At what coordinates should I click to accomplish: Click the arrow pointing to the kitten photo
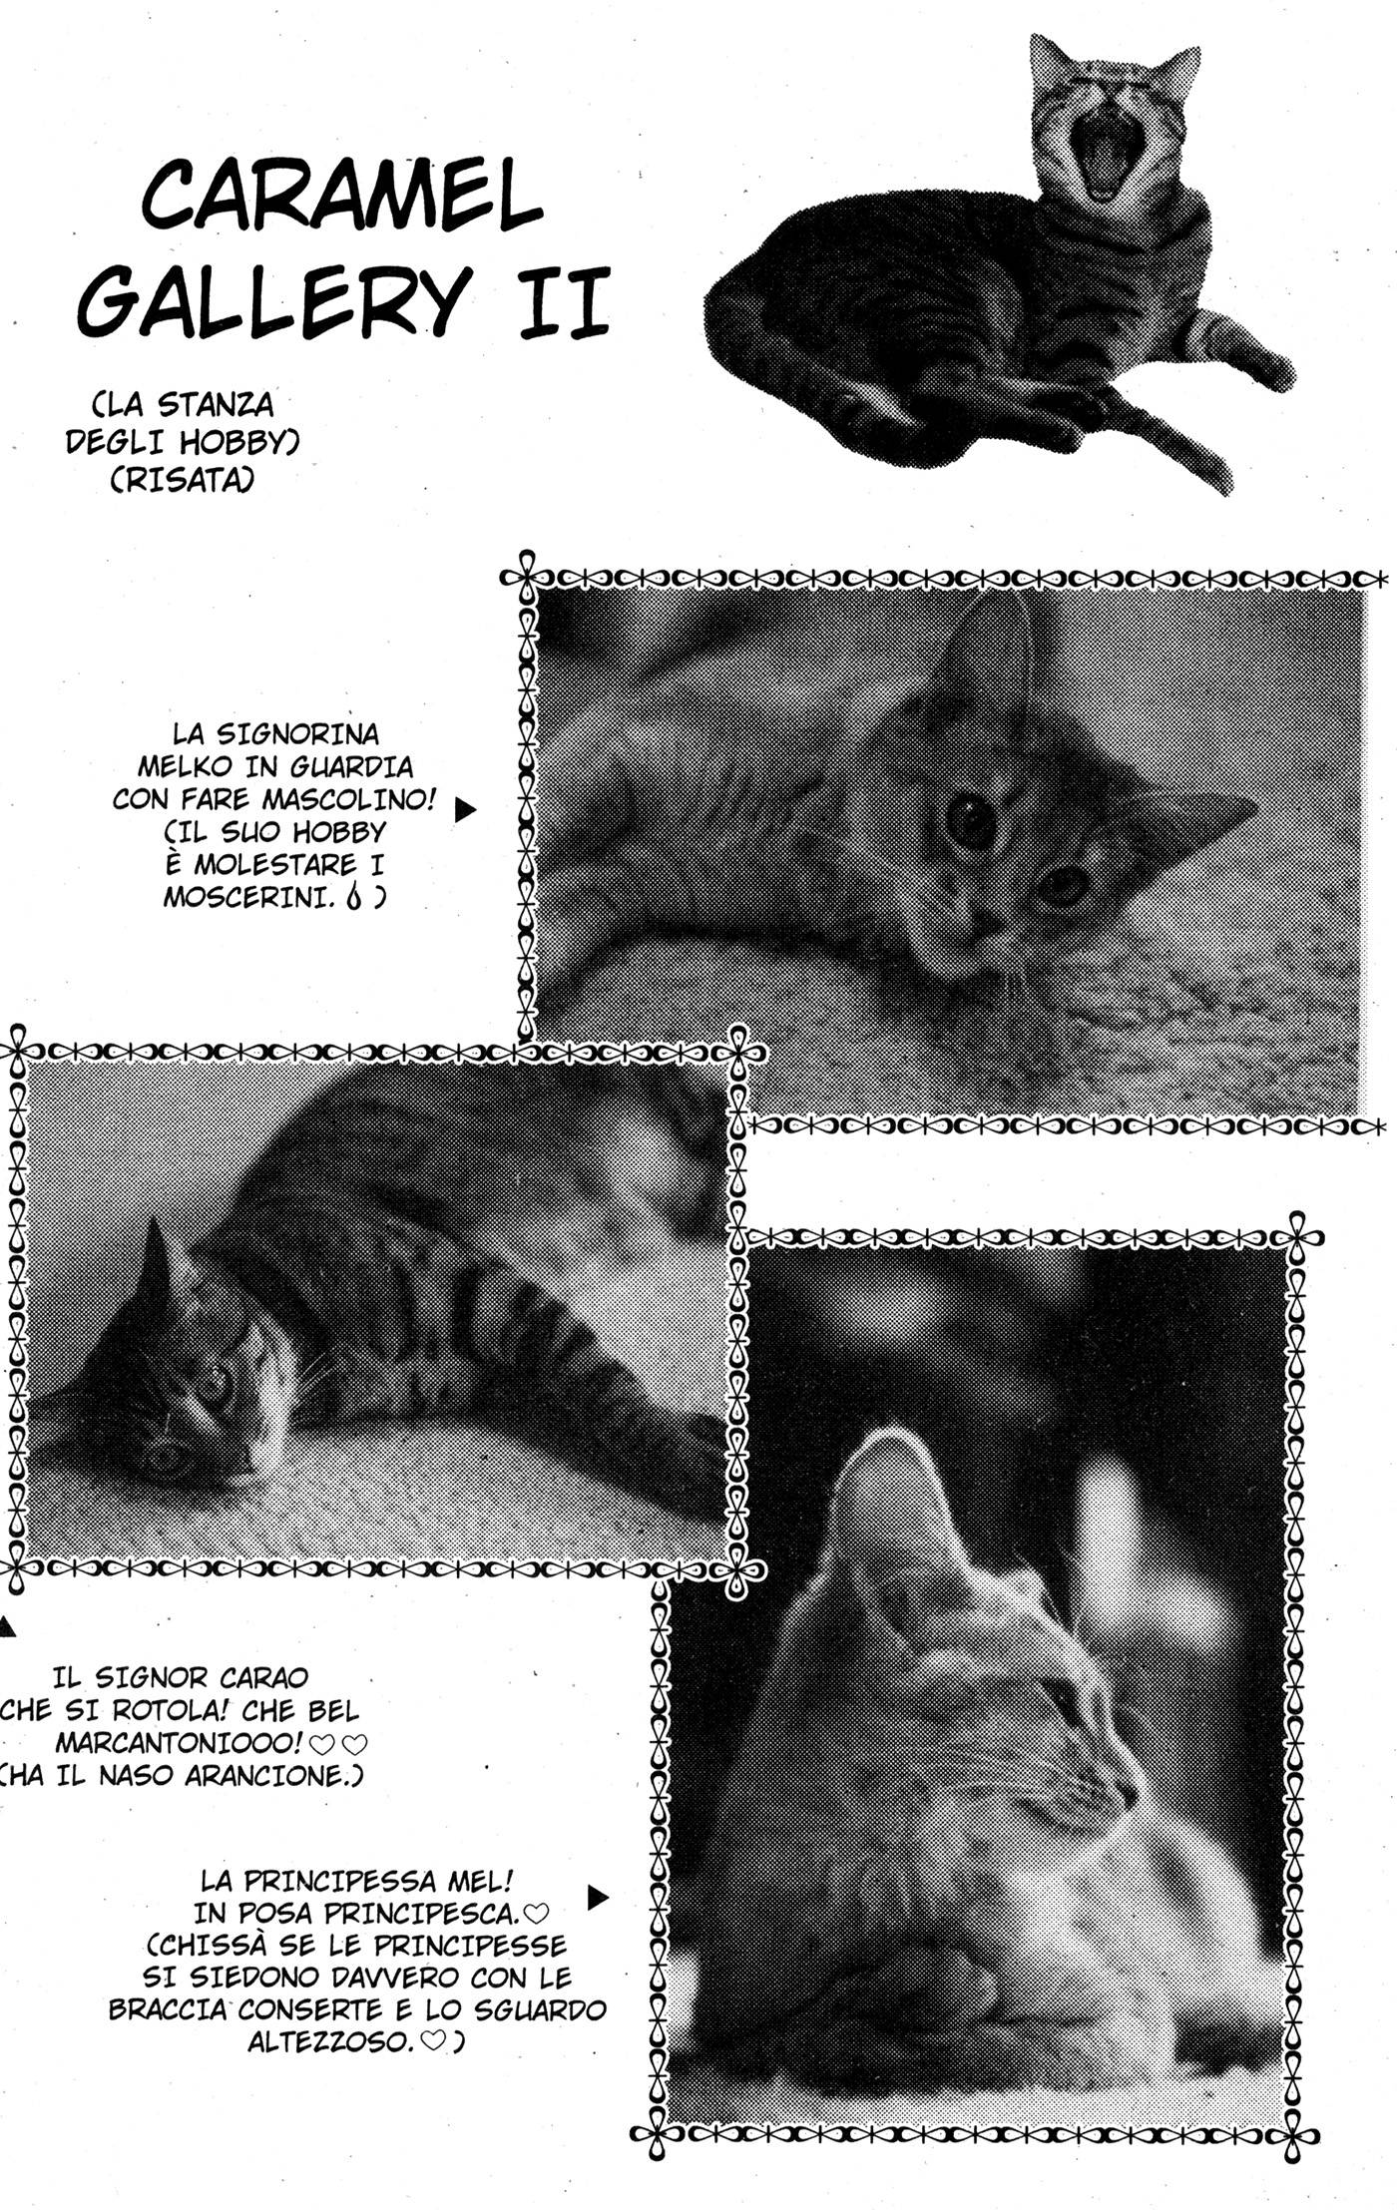coord(464,810)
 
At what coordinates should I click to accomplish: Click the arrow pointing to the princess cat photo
coord(598,1898)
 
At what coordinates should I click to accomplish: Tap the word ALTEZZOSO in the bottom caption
coord(329,2041)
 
